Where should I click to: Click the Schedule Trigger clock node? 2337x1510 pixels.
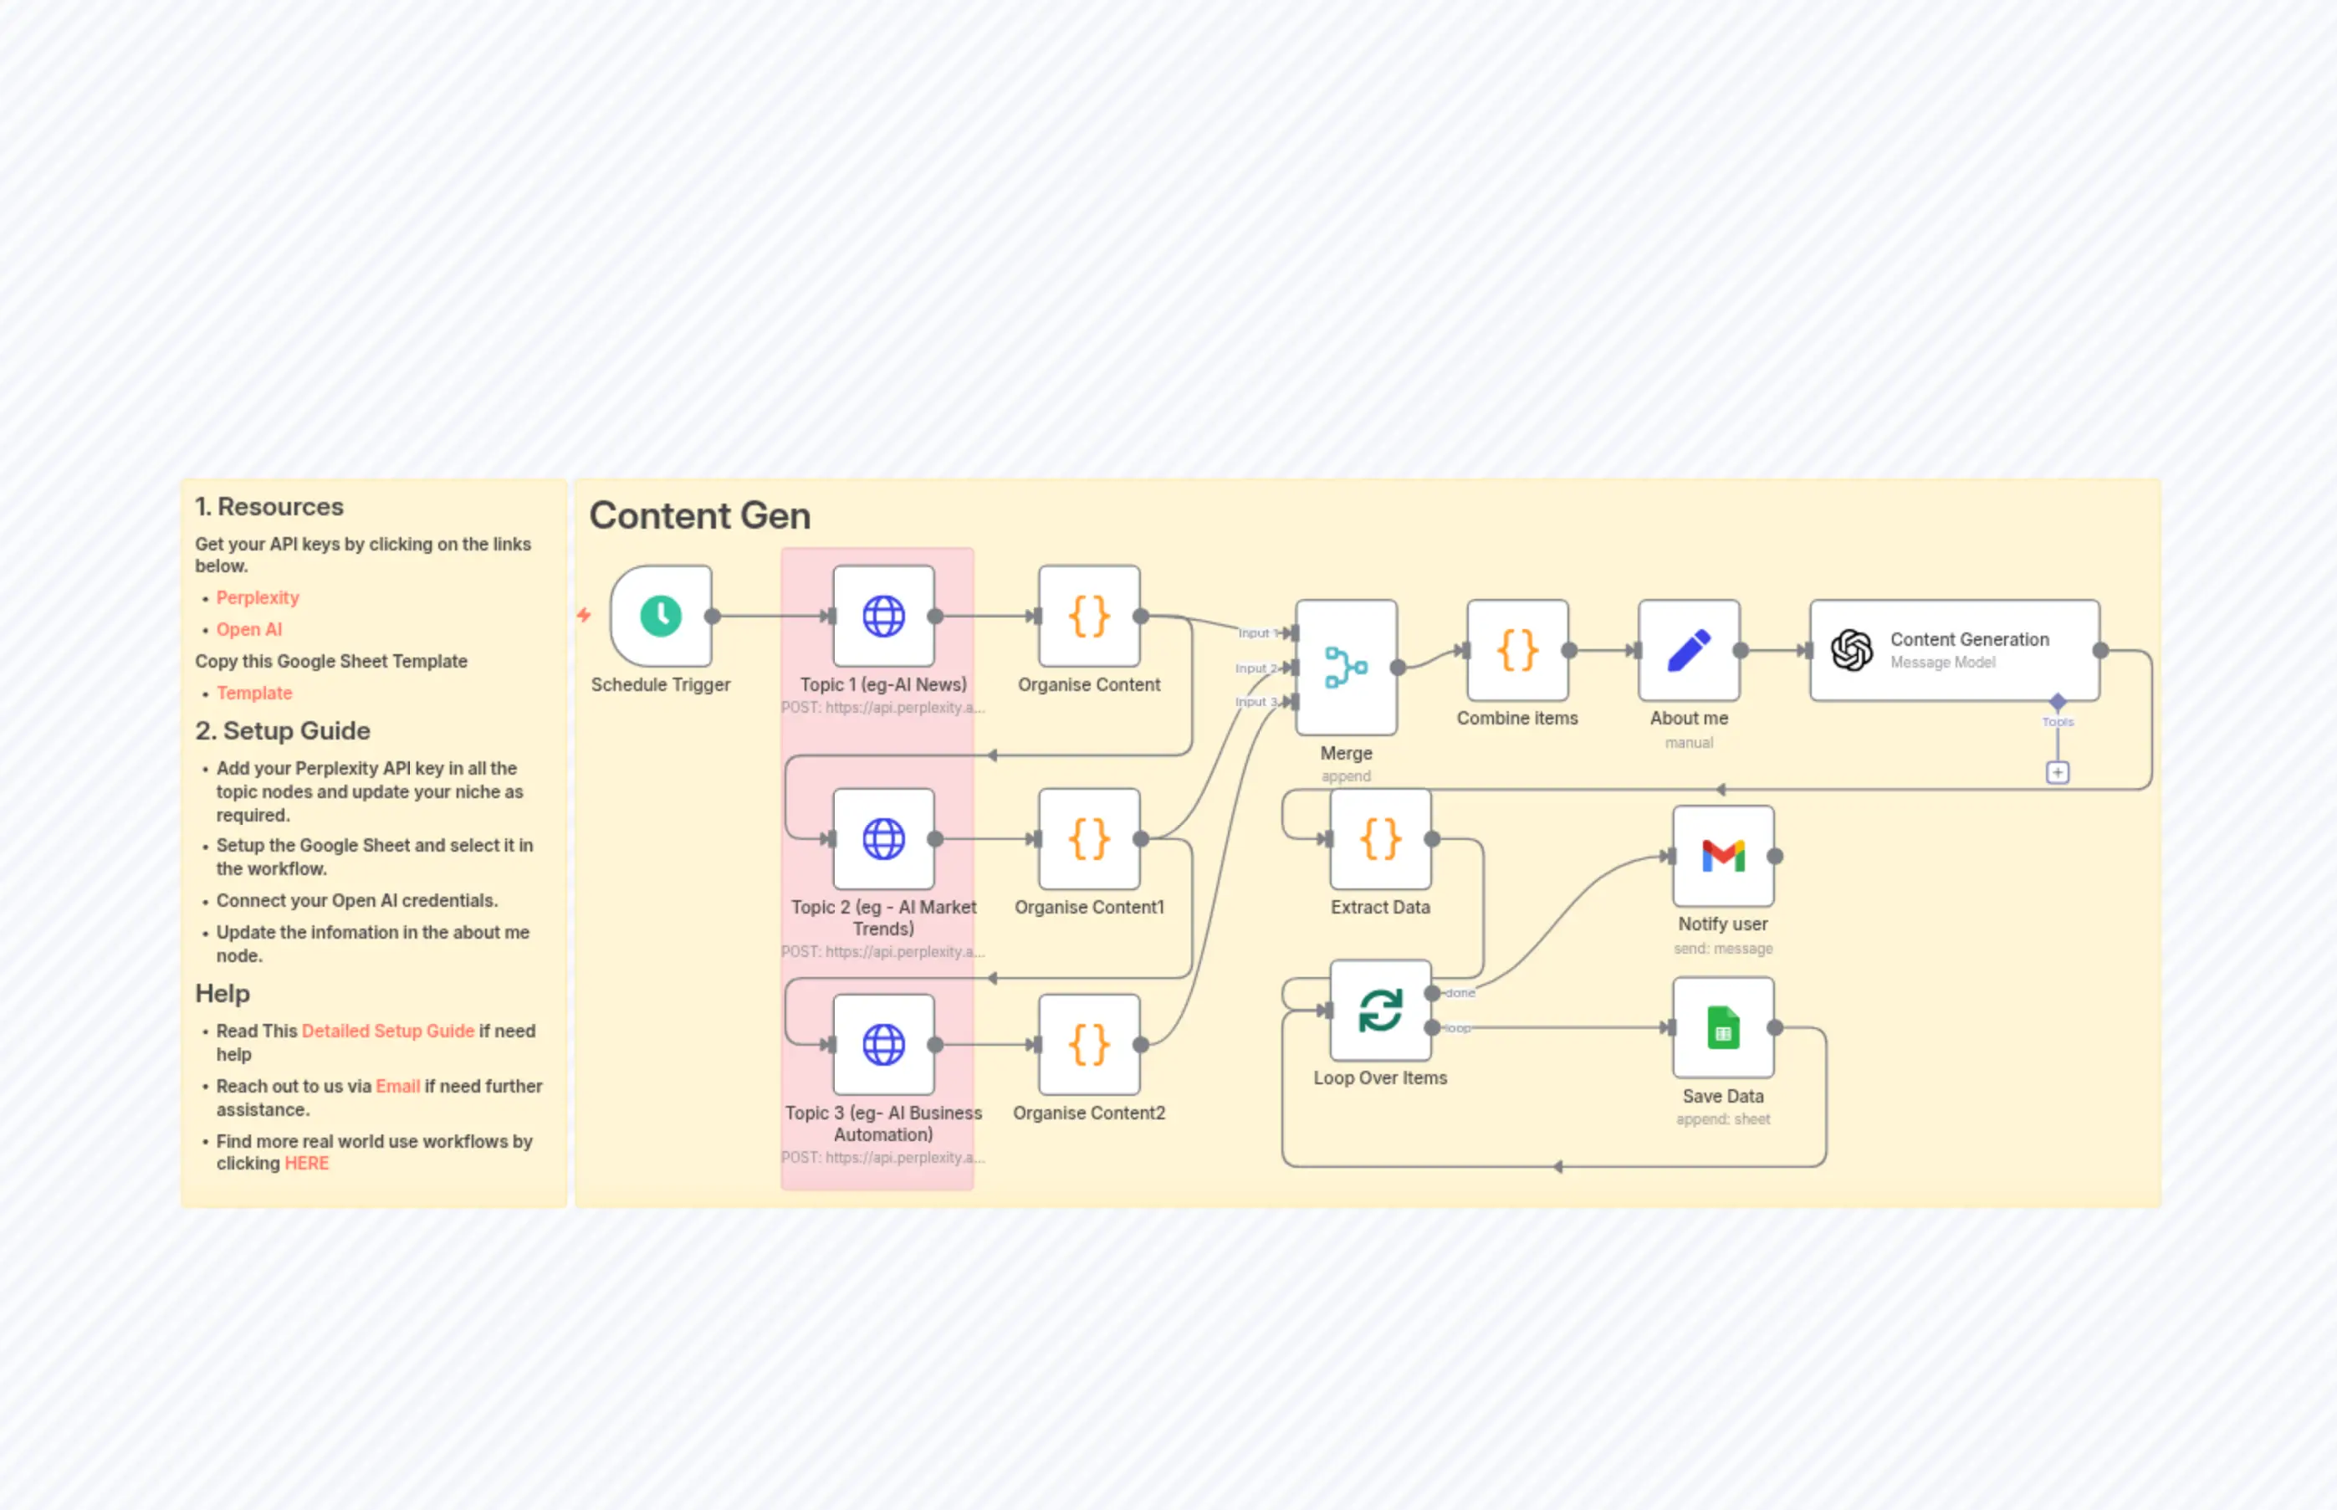661,616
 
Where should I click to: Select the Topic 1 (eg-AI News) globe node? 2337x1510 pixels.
883,616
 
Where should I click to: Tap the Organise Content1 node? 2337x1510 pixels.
1088,839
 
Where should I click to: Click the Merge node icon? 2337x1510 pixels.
1345,667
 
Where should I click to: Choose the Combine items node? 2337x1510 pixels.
1516,650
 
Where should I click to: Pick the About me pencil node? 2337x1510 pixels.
1688,650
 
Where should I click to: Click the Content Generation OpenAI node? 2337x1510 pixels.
1954,650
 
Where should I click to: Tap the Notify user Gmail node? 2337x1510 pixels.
1722,856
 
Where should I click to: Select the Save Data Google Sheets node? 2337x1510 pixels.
1722,1027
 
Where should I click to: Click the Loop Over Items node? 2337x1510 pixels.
1379,1010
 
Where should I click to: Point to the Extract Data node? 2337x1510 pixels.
1379,839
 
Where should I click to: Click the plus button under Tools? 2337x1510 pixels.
2057,773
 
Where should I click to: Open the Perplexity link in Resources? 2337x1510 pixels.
257,597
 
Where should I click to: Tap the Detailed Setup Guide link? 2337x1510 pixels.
387,1031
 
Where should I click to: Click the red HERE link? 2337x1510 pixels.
306,1163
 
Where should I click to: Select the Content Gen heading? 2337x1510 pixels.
699,516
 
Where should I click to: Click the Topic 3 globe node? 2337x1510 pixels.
883,1044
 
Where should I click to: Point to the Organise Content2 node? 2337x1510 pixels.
1088,1044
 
